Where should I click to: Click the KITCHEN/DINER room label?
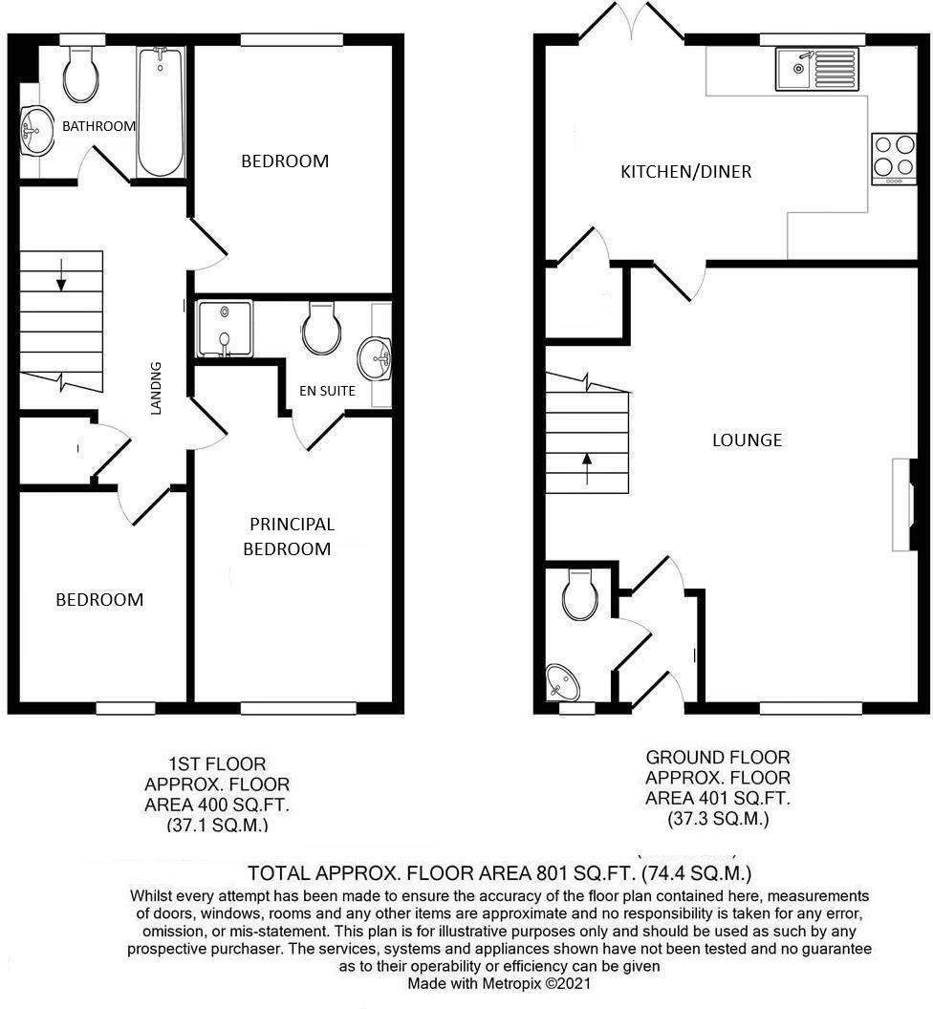(x=685, y=172)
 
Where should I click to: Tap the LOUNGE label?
(x=747, y=440)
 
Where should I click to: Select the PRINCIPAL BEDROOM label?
(x=292, y=536)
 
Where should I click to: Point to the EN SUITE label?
(x=328, y=390)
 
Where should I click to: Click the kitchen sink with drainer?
(x=818, y=70)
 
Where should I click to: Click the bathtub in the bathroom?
(x=160, y=113)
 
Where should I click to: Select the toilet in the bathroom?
(x=80, y=75)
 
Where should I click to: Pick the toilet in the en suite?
(x=321, y=330)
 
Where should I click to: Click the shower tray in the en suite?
(x=224, y=330)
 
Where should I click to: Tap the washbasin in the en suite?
(x=374, y=359)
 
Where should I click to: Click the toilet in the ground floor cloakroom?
(x=579, y=595)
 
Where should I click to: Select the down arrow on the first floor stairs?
(x=61, y=274)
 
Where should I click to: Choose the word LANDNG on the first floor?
(x=157, y=387)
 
